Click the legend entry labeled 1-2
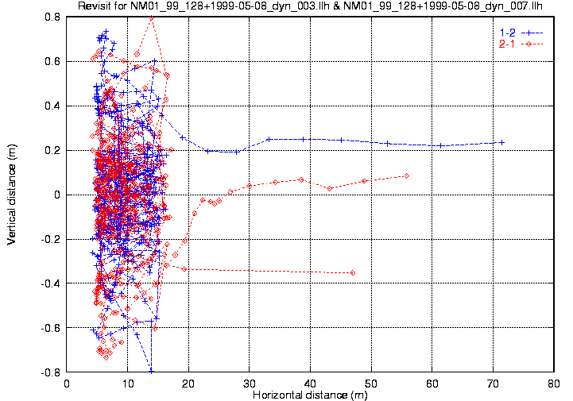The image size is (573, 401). pyautogui.click(x=505, y=32)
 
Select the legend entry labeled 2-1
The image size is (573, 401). pyautogui.click(x=505, y=44)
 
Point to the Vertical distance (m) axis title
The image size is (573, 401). pyautogui.click(x=11, y=194)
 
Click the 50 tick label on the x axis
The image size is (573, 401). pyautogui.click(x=371, y=384)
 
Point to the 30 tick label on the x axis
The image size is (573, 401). pyautogui.click(x=250, y=384)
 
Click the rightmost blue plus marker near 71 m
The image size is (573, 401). pyautogui.click(x=501, y=142)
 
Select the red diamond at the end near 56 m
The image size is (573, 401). pyautogui.click(x=406, y=175)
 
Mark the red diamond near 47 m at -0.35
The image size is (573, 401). pyautogui.click(x=353, y=273)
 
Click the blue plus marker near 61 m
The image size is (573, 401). pyautogui.click(x=440, y=145)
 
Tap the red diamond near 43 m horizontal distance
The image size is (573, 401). pyautogui.click(x=329, y=187)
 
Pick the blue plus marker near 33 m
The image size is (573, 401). pyautogui.click(x=269, y=139)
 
